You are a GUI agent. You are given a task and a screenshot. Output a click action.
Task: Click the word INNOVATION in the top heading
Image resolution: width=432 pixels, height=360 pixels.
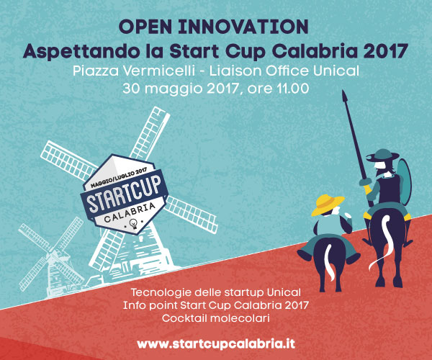tap(243, 27)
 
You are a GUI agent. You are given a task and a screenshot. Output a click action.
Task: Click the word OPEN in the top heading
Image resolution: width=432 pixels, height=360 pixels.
tap(145, 27)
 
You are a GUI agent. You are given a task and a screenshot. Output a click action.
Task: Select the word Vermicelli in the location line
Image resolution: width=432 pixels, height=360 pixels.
tap(159, 71)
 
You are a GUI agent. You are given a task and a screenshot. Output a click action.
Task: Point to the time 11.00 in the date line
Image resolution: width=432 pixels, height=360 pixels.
tap(293, 89)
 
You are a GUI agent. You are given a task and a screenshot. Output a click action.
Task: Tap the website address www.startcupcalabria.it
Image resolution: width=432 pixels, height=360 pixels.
tap(216, 344)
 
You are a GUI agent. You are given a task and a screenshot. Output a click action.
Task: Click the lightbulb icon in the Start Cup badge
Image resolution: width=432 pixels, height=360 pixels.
tap(134, 224)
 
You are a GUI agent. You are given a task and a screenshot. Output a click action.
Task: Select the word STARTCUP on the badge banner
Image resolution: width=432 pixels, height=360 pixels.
tap(124, 194)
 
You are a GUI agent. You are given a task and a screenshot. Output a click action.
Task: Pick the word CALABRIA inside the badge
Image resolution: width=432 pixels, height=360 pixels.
tap(130, 213)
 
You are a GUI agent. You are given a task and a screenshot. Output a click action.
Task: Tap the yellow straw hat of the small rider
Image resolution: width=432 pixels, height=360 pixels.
tap(328, 204)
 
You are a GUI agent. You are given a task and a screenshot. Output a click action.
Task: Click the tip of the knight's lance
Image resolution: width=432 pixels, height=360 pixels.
tap(343, 90)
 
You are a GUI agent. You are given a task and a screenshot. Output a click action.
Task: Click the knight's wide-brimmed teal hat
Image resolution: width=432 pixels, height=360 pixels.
tap(382, 156)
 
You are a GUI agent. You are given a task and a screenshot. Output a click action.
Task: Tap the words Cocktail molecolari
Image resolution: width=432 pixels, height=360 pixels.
tap(216, 318)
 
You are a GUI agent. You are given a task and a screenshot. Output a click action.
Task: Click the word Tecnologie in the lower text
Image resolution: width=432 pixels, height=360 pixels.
tap(161, 292)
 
